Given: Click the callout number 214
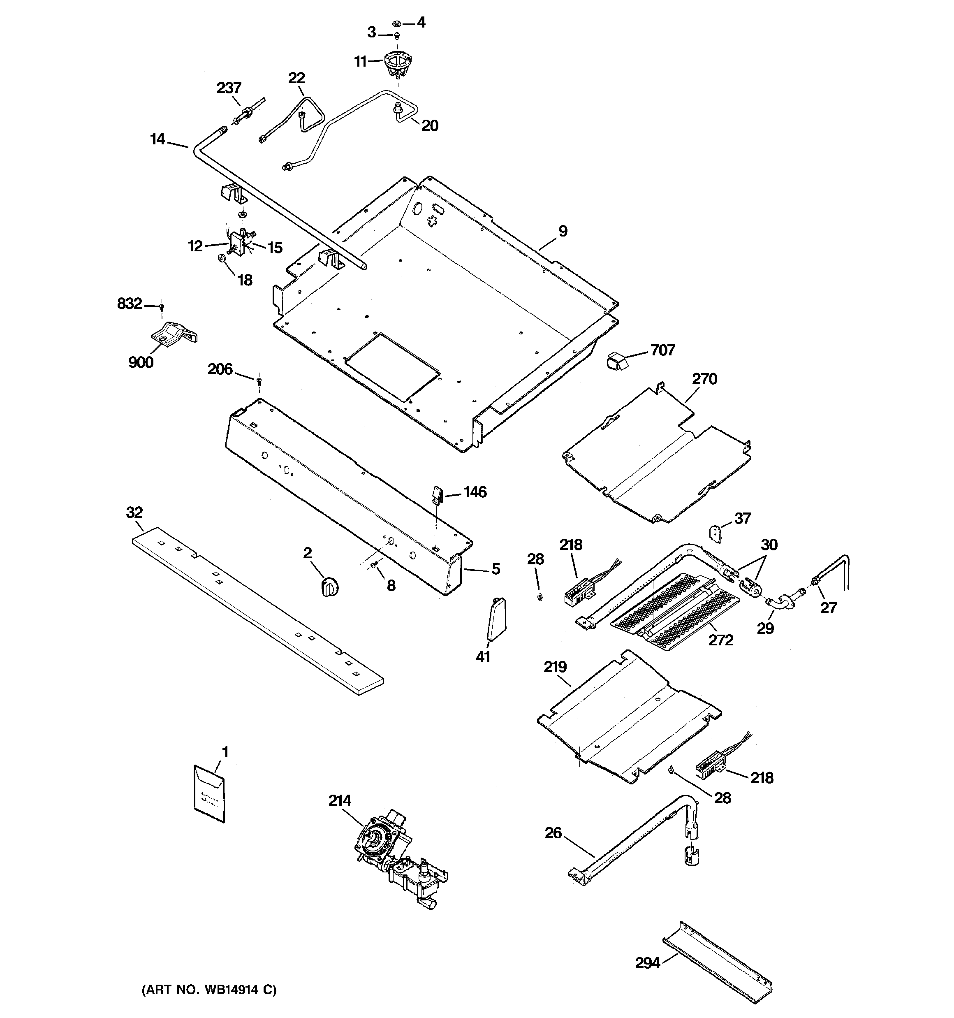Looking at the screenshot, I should pyautogui.click(x=340, y=800).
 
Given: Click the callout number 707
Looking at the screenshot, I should pyautogui.click(x=662, y=350).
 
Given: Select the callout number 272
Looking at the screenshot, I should pyautogui.click(x=720, y=640).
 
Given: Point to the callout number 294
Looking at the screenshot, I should pyautogui.click(x=647, y=963).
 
